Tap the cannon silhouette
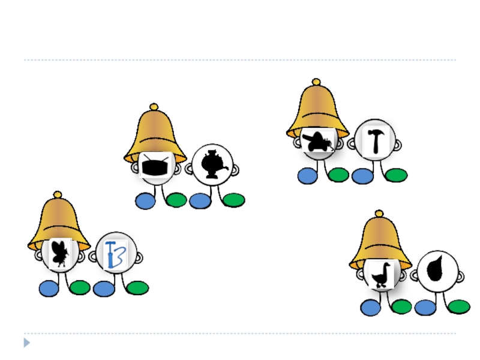coord(317,142)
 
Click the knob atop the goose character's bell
coord(379,213)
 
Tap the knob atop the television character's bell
coord(154,107)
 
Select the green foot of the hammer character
coord(396,175)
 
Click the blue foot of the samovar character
coord(200,201)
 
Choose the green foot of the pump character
coord(137,288)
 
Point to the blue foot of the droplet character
coord(425,308)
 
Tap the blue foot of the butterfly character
coord(49,289)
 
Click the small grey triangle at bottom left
coord(26,343)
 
